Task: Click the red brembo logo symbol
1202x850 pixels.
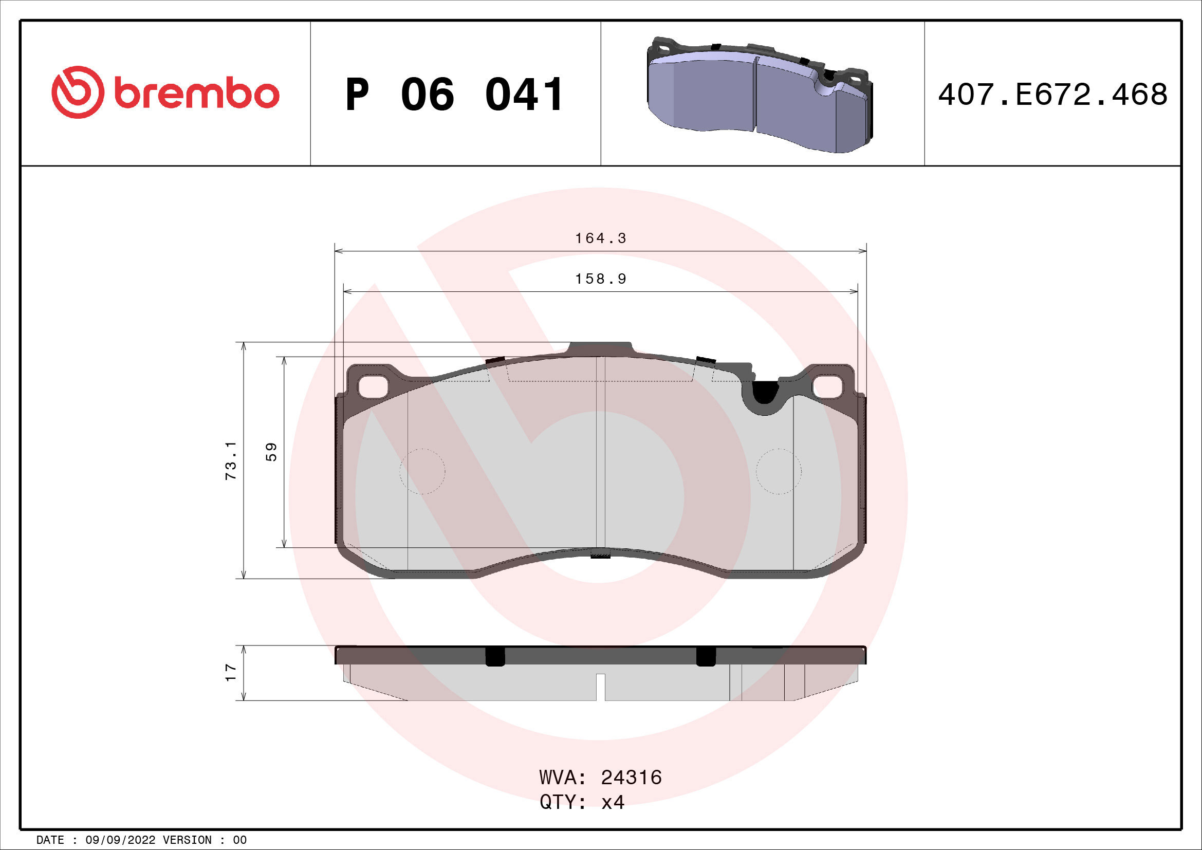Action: [x=78, y=92]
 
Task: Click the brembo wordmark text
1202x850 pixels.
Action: [x=196, y=94]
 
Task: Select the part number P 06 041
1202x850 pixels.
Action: [x=454, y=95]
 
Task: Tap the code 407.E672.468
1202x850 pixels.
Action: [x=1052, y=95]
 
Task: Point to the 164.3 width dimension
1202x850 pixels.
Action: [x=600, y=238]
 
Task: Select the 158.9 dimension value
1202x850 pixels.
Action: [x=600, y=279]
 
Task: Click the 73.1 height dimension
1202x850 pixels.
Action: [x=231, y=460]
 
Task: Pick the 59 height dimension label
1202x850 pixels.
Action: [x=271, y=452]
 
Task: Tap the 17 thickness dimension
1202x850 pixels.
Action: [x=231, y=673]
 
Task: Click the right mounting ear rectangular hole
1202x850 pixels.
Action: [x=828, y=387]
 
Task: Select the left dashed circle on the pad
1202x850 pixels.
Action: [x=422, y=472]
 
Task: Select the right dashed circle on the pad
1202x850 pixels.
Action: [x=779, y=472]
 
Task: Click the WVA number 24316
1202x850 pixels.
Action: [x=632, y=778]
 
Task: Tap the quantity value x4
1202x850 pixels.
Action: [x=613, y=802]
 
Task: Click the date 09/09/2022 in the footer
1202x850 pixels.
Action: [x=120, y=840]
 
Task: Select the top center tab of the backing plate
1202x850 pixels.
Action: [x=600, y=348]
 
